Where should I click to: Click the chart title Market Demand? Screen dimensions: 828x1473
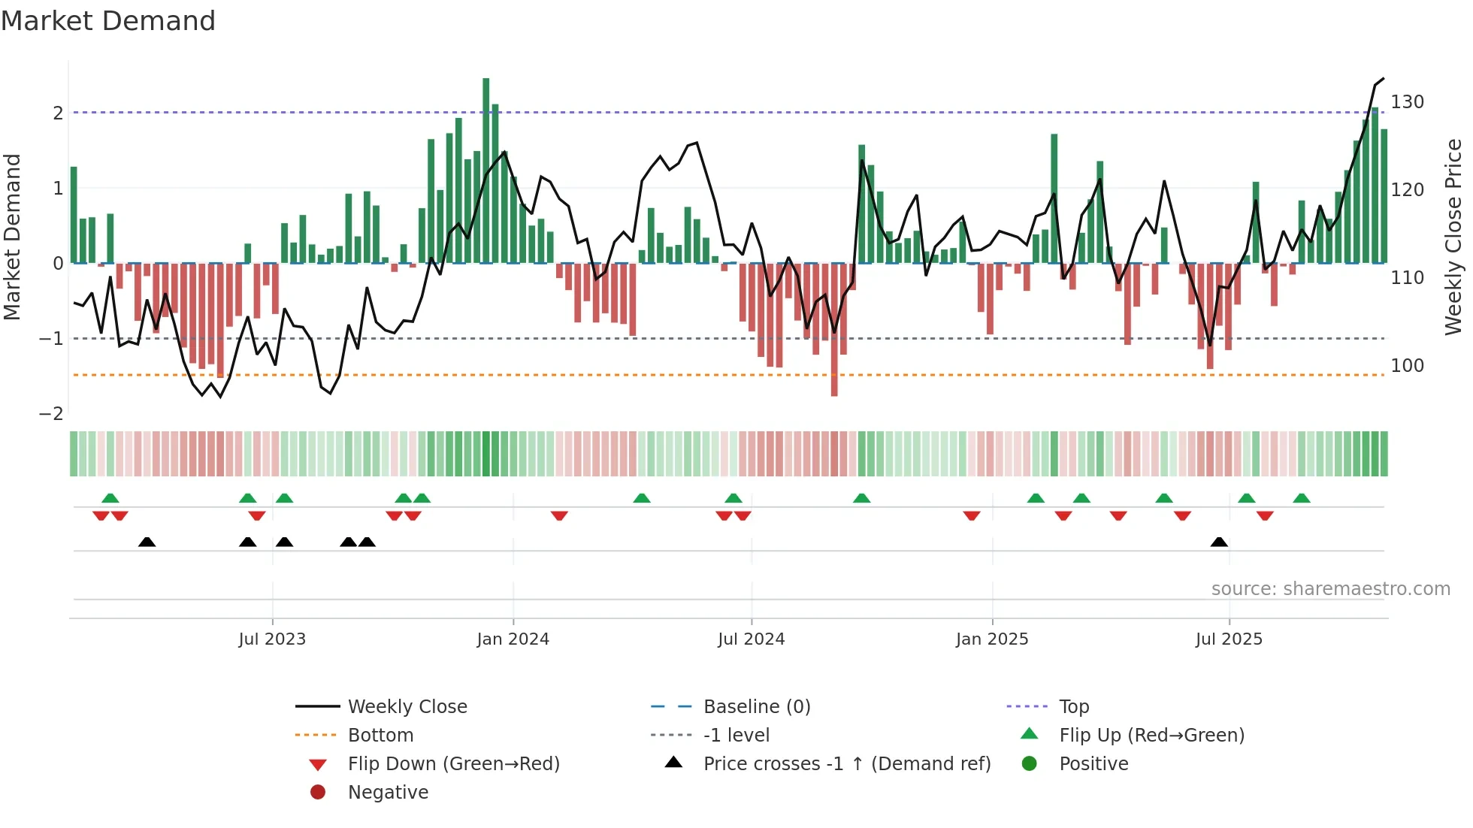click(108, 21)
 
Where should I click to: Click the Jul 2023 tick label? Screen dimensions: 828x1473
click(272, 639)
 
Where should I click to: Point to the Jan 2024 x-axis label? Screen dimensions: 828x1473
click(513, 639)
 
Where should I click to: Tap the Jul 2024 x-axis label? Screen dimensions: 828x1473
click(751, 639)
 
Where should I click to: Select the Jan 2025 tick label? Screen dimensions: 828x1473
click(992, 639)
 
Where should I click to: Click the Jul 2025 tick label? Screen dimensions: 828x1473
click(1229, 639)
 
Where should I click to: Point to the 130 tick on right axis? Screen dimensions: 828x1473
click(1407, 102)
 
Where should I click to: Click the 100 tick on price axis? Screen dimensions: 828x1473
click(1407, 366)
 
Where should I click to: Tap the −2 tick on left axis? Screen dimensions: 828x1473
click(51, 414)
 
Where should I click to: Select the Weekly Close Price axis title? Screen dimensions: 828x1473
click(1453, 237)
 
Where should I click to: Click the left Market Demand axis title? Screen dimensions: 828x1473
click(12, 237)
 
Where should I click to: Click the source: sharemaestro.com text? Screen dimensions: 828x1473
click(1330, 589)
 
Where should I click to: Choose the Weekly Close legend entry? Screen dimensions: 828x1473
click(407, 707)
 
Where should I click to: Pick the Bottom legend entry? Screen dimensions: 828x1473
click(380, 736)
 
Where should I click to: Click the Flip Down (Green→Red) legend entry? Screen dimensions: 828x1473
click(453, 764)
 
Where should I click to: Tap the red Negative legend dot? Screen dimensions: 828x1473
click(318, 793)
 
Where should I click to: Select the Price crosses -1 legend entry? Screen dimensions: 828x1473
click(846, 764)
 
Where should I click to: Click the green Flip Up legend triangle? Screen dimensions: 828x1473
click(1030, 734)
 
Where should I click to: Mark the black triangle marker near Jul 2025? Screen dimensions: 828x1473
click(1219, 542)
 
